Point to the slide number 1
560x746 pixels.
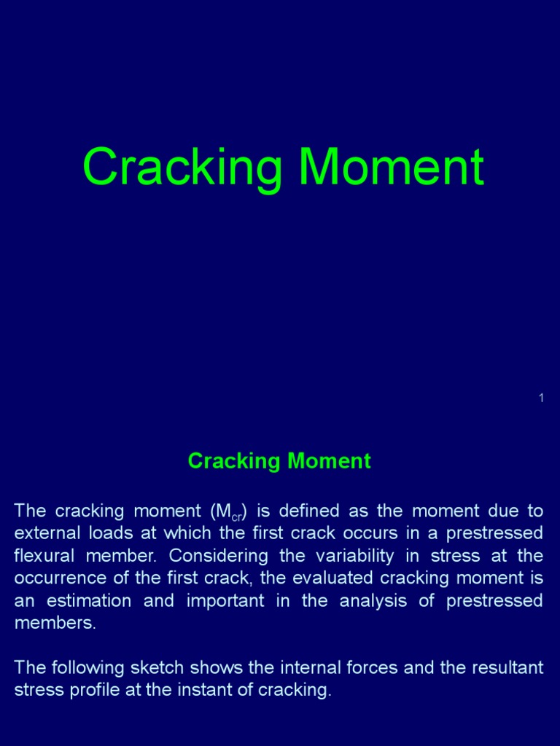[x=541, y=398]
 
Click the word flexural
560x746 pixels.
[x=44, y=556]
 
